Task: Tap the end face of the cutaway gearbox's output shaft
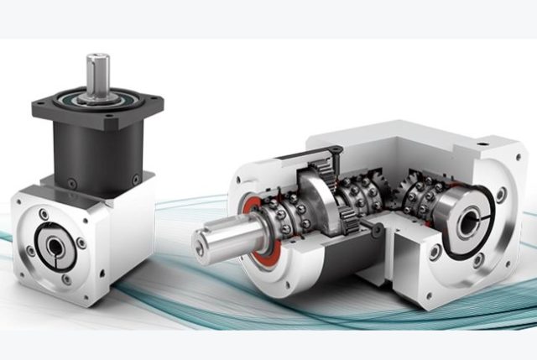pyautogui.click(x=205, y=244)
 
